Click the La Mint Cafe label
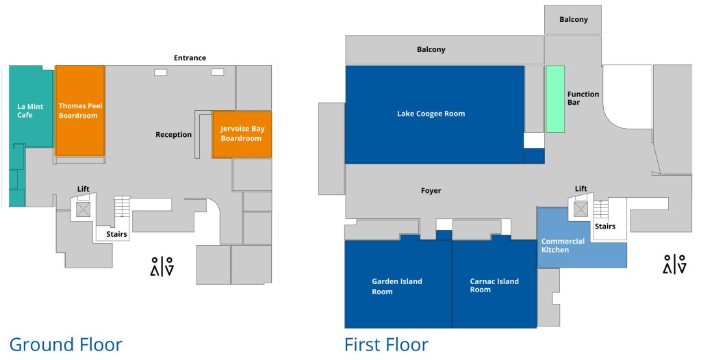pyautogui.click(x=30, y=111)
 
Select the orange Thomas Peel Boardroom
pyautogui.click(x=79, y=111)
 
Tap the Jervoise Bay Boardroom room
pyautogui.click(x=242, y=133)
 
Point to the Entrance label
pyautogui.click(x=190, y=58)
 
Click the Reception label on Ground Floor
pyautogui.click(x=173, y=135)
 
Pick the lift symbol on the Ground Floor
pyautogui.click(x=83, y=209)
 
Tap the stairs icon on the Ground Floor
pyautogui.click(x=121, y=206)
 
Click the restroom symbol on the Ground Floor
pyautogui.click(x=162, y=266)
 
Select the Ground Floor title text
pyautogui.click(x=66, y=344)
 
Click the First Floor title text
pyautogui.click(x=386, y=344)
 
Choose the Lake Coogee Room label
pyautogui.click(x=431, y=114)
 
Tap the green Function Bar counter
pyautogui.click(x=555, y=99)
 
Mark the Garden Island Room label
pyautogui.click(x=397, y=286)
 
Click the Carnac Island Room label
pyautogui.click(x=494, y=285)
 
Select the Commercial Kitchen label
pyautogui.click(x=563, y=245)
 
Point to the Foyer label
pyautogui.click(x=431, y=191)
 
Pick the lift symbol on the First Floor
pyautogui.click(x=581, y=208)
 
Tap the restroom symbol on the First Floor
pyautogui.click(x=674, y=264)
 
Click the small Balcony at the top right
pyautogui.click(x=573, y=20)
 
